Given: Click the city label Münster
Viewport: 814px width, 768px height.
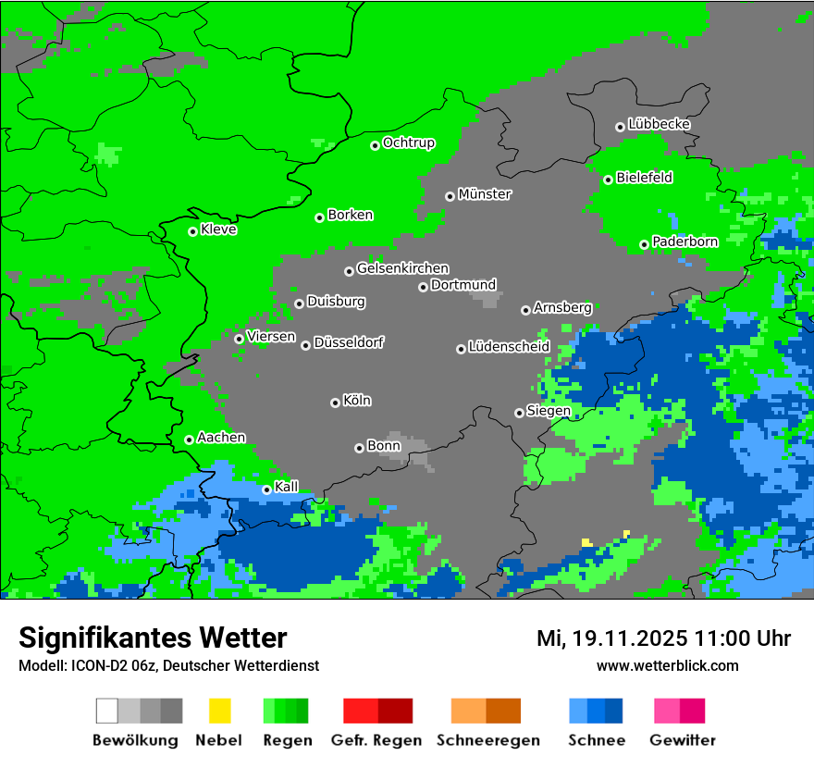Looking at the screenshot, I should point(485,194).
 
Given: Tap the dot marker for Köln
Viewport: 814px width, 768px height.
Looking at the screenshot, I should point(335,403).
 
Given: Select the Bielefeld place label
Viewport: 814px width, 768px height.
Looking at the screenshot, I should point(645,178).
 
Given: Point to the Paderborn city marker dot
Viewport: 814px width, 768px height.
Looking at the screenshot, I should point(644,244).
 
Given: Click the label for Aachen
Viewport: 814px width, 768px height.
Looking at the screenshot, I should point(221,438).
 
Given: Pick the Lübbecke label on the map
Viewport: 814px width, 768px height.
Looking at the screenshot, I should point(659,124).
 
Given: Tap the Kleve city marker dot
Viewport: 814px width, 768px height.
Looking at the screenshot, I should point(192,231).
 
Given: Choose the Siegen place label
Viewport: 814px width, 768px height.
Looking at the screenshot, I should point(549,411).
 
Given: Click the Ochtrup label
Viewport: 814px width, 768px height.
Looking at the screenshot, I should point(409,143).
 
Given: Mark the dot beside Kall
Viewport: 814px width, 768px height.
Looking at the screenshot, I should point(266,489).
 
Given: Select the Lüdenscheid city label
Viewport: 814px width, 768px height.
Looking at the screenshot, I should point(509,347).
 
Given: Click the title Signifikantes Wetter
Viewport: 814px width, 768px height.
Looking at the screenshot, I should point(153,638).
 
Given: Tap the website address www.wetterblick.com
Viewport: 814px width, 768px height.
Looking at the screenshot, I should point(667,665).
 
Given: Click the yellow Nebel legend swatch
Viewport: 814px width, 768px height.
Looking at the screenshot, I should point(219,711).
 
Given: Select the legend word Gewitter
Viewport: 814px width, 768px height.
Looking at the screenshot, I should point(682,740).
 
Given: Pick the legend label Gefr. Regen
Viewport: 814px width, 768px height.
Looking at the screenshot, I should point(376,740).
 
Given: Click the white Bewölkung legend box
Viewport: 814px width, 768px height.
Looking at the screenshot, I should point(107,711).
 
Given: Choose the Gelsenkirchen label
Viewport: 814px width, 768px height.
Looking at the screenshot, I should point(402,268).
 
